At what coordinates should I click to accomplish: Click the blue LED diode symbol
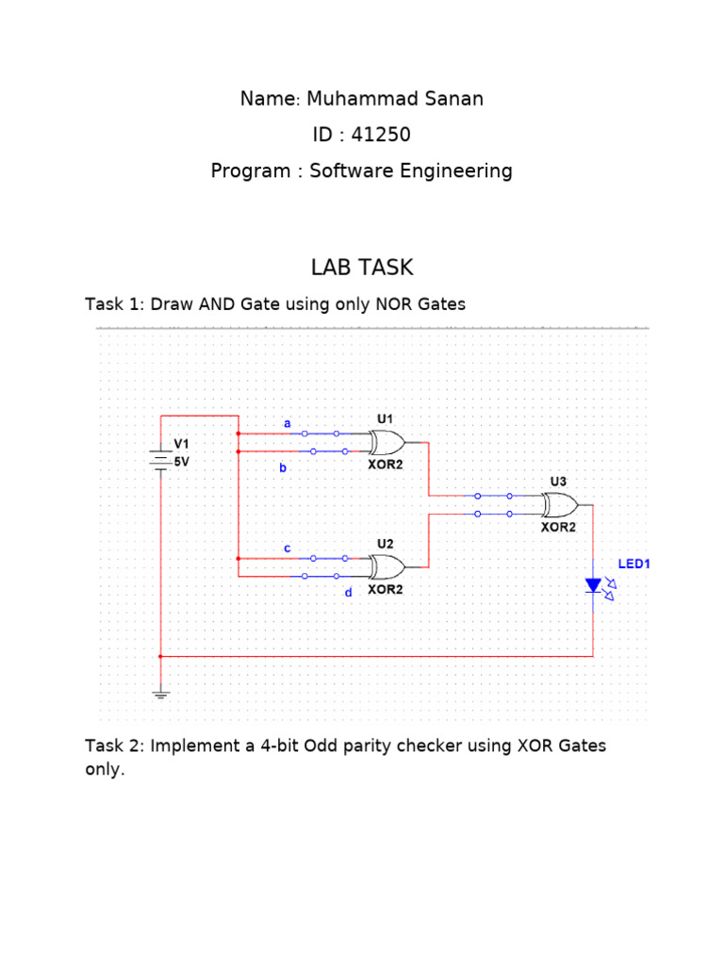593,585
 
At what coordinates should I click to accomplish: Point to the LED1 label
634,564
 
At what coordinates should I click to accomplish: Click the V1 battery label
181,444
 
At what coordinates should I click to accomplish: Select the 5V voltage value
181,462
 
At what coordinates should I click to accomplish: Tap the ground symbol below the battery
161,695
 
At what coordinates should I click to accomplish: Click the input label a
288,423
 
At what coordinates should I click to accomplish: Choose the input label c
288,548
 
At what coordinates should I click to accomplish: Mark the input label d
348,592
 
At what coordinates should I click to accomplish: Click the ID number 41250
381,135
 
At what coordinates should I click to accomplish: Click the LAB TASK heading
362,268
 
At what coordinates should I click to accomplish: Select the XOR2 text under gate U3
558,528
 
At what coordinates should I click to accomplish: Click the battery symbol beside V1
161,461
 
